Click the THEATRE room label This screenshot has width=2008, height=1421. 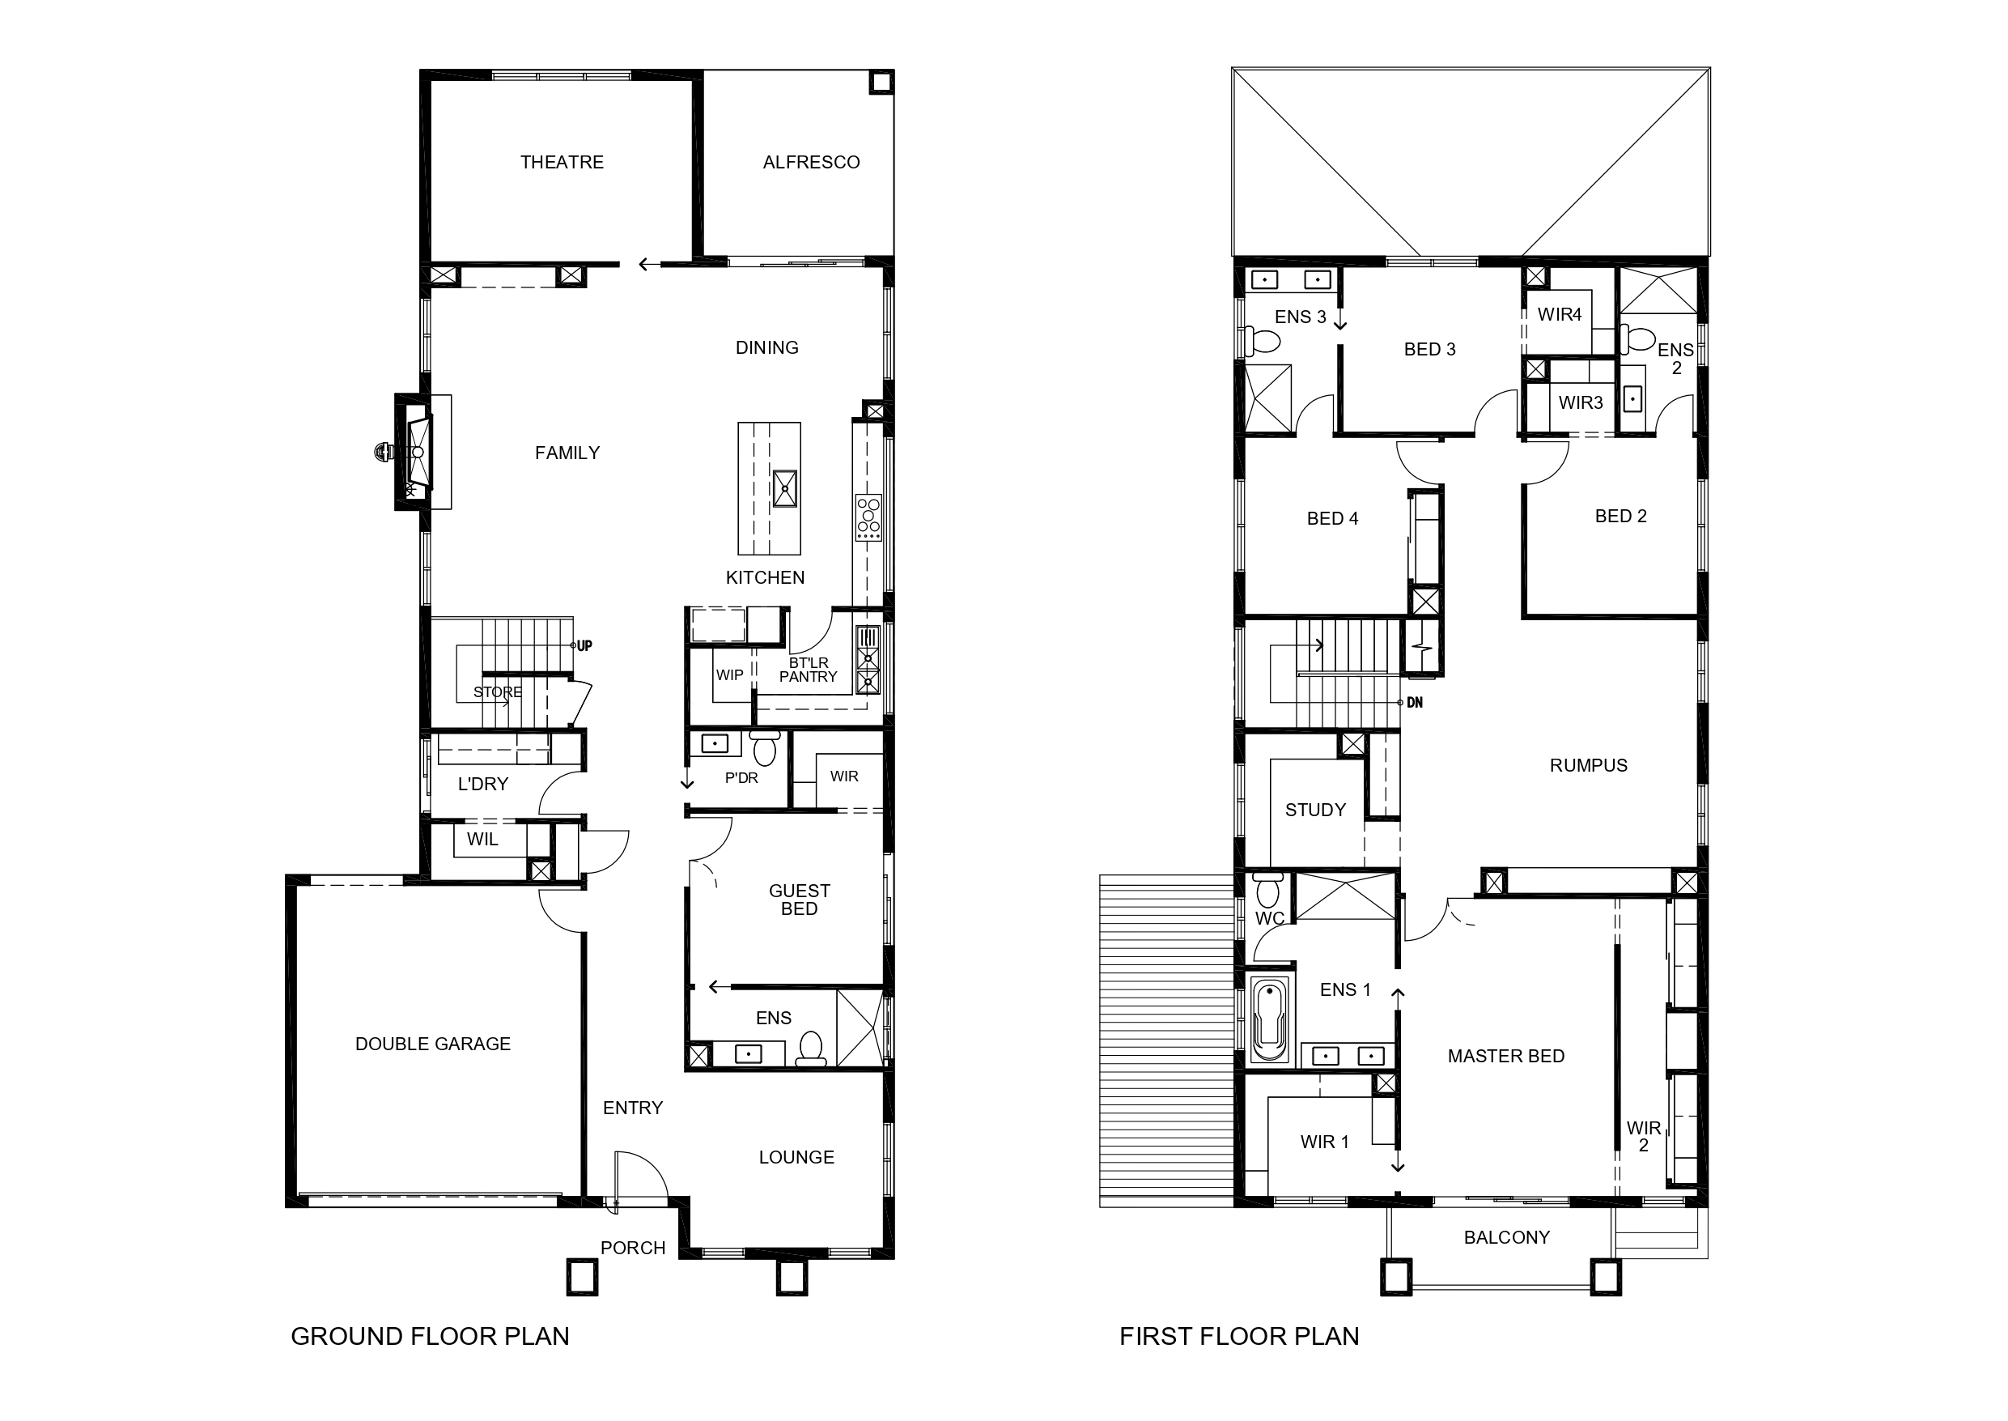562,162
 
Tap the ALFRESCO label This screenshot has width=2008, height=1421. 811,162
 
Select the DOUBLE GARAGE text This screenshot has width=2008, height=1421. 433,1044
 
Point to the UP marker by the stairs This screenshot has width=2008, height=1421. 584,646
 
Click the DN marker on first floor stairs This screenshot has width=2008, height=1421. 1414,703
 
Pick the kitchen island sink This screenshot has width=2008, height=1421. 784,488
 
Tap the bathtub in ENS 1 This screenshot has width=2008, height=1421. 1269,1019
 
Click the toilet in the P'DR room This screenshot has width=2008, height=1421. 766,748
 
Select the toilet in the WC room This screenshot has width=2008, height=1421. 1267,890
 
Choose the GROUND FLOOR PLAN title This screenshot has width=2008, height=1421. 430,1336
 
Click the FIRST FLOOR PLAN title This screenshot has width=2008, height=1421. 1239,1336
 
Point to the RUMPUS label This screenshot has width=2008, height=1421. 1588,766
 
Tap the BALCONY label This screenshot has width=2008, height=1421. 1507,1237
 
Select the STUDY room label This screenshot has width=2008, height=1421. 1315,810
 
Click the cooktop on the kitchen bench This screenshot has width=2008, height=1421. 868,518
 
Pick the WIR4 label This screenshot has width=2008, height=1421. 1560,314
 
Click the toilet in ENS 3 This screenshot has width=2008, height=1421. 1260,340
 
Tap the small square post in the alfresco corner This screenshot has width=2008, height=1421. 881,83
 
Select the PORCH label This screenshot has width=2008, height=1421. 633,1248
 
